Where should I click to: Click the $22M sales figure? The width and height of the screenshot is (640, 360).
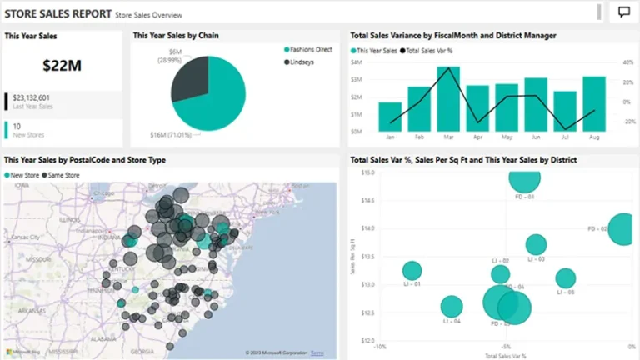tap(62, 64)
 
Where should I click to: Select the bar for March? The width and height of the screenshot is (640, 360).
tap(448, 99)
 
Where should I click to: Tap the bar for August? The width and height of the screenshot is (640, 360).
tap(594, 103)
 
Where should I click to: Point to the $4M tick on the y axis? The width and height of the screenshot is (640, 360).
tap(356, 62)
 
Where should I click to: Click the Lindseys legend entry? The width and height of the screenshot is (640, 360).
tap(302, 62)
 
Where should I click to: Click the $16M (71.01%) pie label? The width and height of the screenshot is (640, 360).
tap(170, 134)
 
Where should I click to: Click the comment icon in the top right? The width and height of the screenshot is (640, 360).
tap(624, 12)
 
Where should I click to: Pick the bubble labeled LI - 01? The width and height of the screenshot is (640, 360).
tap(412, 271)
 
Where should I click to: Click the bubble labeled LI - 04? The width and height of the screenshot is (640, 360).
tap(452, 307)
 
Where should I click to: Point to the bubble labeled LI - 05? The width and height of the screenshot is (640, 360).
tap(566, 278)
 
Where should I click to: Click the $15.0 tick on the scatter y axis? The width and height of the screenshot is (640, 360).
tap(367, 172)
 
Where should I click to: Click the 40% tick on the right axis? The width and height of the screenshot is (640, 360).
tap(627, 62)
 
